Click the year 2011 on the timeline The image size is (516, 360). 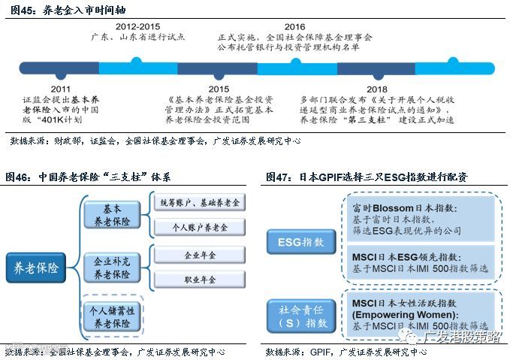point(60,89)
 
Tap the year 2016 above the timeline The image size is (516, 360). point(295,27)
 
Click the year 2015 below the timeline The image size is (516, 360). point(219,89)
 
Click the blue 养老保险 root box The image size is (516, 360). point(36,266)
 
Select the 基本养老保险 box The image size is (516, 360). point(111,215)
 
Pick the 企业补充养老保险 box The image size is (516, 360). point(111,268)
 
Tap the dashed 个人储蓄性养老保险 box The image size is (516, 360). point(111,316)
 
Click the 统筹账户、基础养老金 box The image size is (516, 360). point(201,203)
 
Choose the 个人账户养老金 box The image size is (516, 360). point(201,228)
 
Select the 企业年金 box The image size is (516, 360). point(201,256)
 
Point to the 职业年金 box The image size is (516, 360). point(201,280)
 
